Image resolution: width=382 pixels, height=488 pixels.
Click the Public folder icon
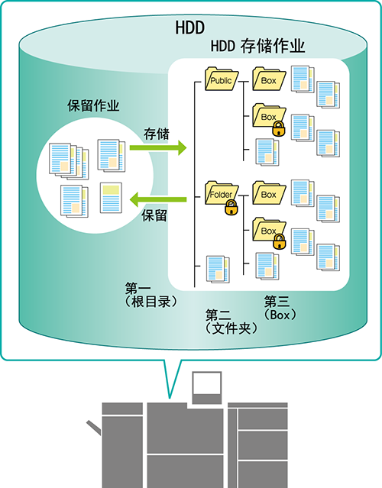tap(222, 79)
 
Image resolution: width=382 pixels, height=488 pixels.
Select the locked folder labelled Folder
tap(222, 193)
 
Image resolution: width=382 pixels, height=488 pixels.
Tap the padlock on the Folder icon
tap(231, 208)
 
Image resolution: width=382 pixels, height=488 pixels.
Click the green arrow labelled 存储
tap(158, 147)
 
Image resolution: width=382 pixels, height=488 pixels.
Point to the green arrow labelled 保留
tap(158, 199)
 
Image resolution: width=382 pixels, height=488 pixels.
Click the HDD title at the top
tap(190, 27)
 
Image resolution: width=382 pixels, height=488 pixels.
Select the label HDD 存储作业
tap(257, 47)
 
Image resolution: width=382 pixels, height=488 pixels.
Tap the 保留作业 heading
tap(93, 105)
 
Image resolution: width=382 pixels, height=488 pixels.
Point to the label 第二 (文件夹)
tap(231, 322)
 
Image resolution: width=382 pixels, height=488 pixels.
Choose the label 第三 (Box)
tap(280, 308)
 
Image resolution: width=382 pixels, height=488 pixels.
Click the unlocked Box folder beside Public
tap(269, 79)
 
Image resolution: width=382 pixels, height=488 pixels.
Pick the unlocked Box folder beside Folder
tap(269, 193)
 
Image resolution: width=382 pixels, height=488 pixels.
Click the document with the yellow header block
tap(111, 198)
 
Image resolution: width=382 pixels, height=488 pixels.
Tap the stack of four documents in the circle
tap(69, 161)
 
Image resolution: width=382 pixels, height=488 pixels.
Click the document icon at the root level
tap(218, 270)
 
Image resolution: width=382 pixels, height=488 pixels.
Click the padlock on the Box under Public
tap(279, 128)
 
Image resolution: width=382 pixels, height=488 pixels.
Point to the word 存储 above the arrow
tap(157, 134)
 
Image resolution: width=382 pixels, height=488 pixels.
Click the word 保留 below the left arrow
tap(154, 215)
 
